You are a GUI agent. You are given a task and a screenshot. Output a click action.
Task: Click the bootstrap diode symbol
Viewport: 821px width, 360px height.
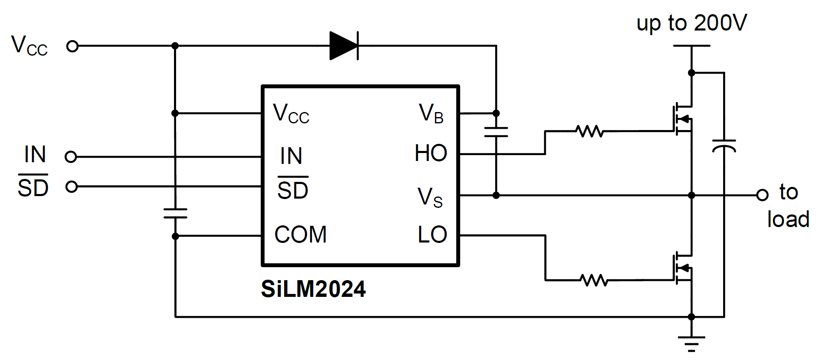(344, 46)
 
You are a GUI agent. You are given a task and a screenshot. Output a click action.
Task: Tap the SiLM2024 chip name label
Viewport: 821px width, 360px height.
(313, 289)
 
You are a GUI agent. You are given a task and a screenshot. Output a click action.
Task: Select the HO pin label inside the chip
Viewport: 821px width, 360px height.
(431, 153)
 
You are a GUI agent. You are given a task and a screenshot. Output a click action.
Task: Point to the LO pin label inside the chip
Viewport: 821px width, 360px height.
(432, 235)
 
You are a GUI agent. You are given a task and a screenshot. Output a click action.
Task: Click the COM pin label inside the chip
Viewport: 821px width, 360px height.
(300, 235)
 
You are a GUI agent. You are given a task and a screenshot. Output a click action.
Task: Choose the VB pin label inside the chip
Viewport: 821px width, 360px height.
(431, 113)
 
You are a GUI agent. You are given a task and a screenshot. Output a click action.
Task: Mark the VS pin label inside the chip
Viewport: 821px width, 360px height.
(430, 197)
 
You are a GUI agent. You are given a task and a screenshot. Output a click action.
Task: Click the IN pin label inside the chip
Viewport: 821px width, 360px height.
(291, 156)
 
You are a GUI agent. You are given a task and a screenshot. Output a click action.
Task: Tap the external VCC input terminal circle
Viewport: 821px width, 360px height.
(72, 46)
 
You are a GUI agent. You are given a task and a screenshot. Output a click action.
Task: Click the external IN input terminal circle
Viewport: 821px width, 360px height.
(71, 157)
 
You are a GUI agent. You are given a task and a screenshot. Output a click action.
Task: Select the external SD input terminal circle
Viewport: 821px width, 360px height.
(72, 186)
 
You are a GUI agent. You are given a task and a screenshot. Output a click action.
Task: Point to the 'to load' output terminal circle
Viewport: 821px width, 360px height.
(762, 195)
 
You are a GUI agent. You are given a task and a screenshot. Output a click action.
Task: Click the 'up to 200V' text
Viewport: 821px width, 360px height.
(691, 23)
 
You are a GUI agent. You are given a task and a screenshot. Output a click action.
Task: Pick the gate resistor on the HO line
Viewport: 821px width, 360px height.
(590, 131)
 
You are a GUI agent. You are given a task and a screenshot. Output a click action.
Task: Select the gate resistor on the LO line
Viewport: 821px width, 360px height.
(594, 280)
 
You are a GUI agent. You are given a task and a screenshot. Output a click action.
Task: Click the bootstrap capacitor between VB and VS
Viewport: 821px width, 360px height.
(496, 132)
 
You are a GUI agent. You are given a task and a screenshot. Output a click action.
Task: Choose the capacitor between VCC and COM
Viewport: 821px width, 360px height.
(175, 213)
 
